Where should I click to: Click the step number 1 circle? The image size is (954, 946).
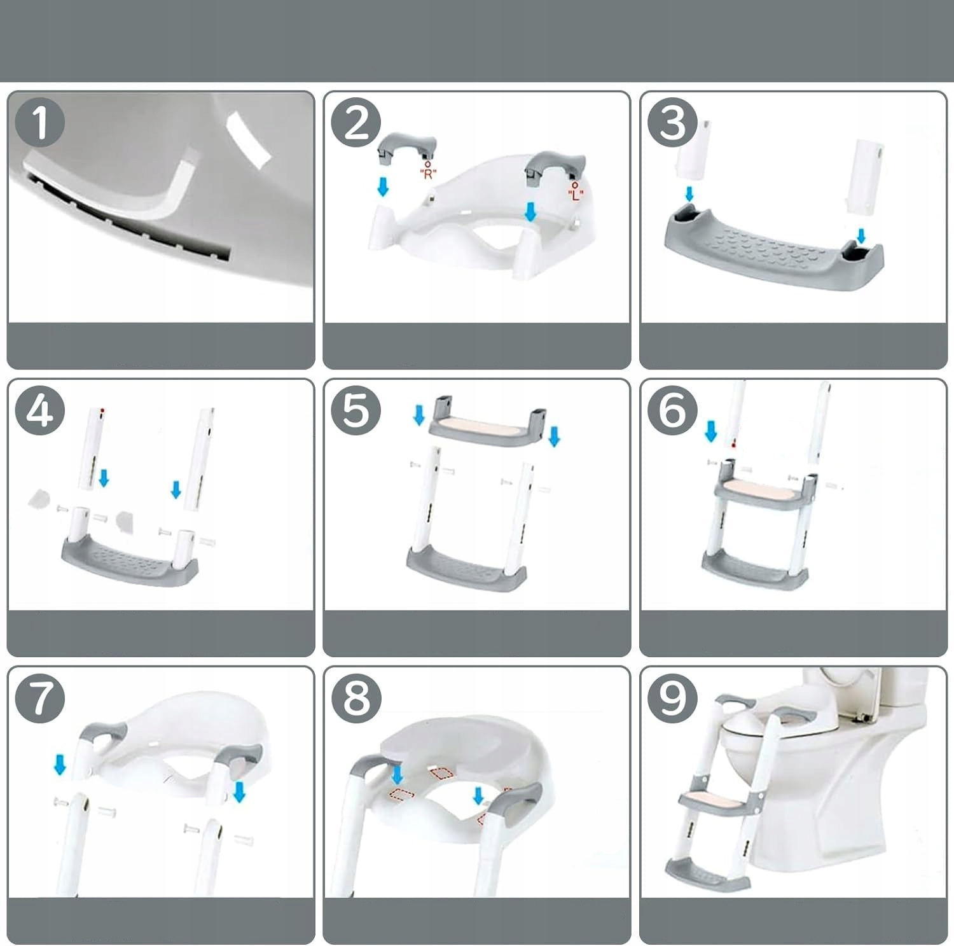[39, 122]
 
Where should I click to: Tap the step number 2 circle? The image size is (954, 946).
[356, 122]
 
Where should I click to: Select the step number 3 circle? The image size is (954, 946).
[673, 122]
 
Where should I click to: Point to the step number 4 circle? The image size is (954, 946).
[39, 410]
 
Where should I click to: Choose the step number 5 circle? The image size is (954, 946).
[356, 410]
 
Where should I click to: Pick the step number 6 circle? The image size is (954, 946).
[673, 410]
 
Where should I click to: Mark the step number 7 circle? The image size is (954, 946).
[39, 697]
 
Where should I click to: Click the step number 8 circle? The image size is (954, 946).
[356, 697]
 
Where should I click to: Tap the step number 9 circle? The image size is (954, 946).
[673, 697]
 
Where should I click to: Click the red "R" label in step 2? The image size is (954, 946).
[428, 174]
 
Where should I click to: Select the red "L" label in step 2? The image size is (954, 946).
[575, 194]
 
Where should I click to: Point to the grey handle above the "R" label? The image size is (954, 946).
[407, 144]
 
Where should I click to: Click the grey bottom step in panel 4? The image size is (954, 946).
[130, 560]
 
